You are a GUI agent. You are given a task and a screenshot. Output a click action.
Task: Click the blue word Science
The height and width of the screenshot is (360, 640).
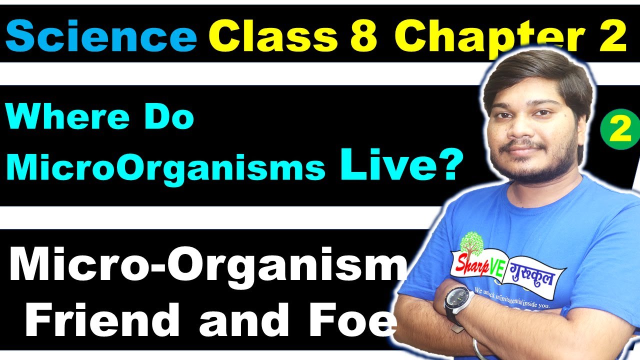tap(101, 36)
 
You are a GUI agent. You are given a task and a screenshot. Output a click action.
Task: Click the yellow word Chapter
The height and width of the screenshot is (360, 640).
tap(487, 36)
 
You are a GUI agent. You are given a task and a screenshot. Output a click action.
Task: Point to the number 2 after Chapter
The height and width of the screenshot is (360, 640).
tap(611, 36)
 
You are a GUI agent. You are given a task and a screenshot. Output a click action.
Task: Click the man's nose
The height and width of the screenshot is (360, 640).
tap(531, 131)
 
